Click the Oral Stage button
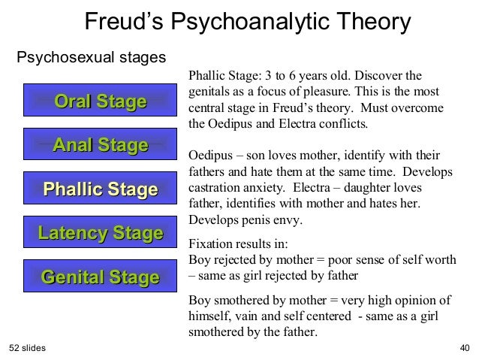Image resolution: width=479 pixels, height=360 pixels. pyautogui.click(x=100, y=101)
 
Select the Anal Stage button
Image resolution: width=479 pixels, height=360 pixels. pyautogui.click(x=100, y=145)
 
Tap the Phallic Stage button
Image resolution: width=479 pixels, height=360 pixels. pyautogui.click(x=100, y=189)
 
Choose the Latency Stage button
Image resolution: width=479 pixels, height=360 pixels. pyautogui.click(x=100, y=233)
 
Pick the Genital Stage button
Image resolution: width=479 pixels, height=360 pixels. pyautogui.click(x=100, y=277)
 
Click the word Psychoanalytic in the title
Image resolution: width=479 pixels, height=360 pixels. pyautogui.click(x=247, y=22)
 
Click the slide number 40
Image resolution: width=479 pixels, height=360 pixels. pyautogui.click(x=463, y=348)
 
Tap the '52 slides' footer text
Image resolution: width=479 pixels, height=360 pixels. pyautogui.click(x=28, y=348)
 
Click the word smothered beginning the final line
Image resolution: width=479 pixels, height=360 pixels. pyautogui.click(x=215, y=331)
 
